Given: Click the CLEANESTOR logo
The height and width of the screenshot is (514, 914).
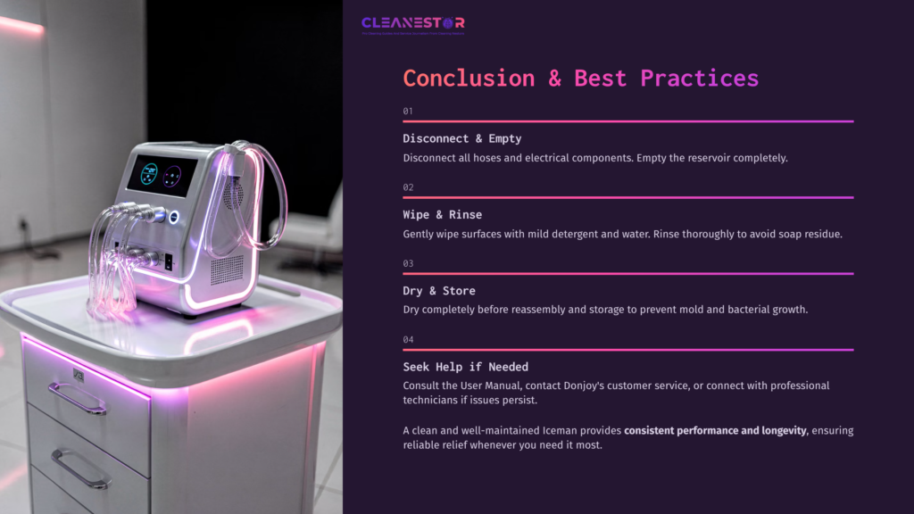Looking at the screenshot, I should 412,23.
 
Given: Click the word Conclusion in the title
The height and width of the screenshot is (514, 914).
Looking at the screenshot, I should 469,78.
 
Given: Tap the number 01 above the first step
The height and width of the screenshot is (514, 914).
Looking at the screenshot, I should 408,111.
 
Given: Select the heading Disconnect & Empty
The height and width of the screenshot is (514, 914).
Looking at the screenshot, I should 461,138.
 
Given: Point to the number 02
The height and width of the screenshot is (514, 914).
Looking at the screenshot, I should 408,187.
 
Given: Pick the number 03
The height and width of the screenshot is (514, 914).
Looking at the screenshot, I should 408,263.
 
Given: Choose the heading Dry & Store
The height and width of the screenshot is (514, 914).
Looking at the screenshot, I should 439,291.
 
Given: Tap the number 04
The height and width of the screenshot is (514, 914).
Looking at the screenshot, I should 408,339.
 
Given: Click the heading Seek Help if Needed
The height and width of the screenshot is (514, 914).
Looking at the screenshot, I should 465,367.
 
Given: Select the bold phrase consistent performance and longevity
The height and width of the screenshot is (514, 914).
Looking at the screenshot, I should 714,431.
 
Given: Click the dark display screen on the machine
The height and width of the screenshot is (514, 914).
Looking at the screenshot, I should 161,175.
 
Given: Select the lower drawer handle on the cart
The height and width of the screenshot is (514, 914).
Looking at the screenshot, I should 80,468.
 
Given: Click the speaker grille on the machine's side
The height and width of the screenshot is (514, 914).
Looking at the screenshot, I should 226,268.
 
